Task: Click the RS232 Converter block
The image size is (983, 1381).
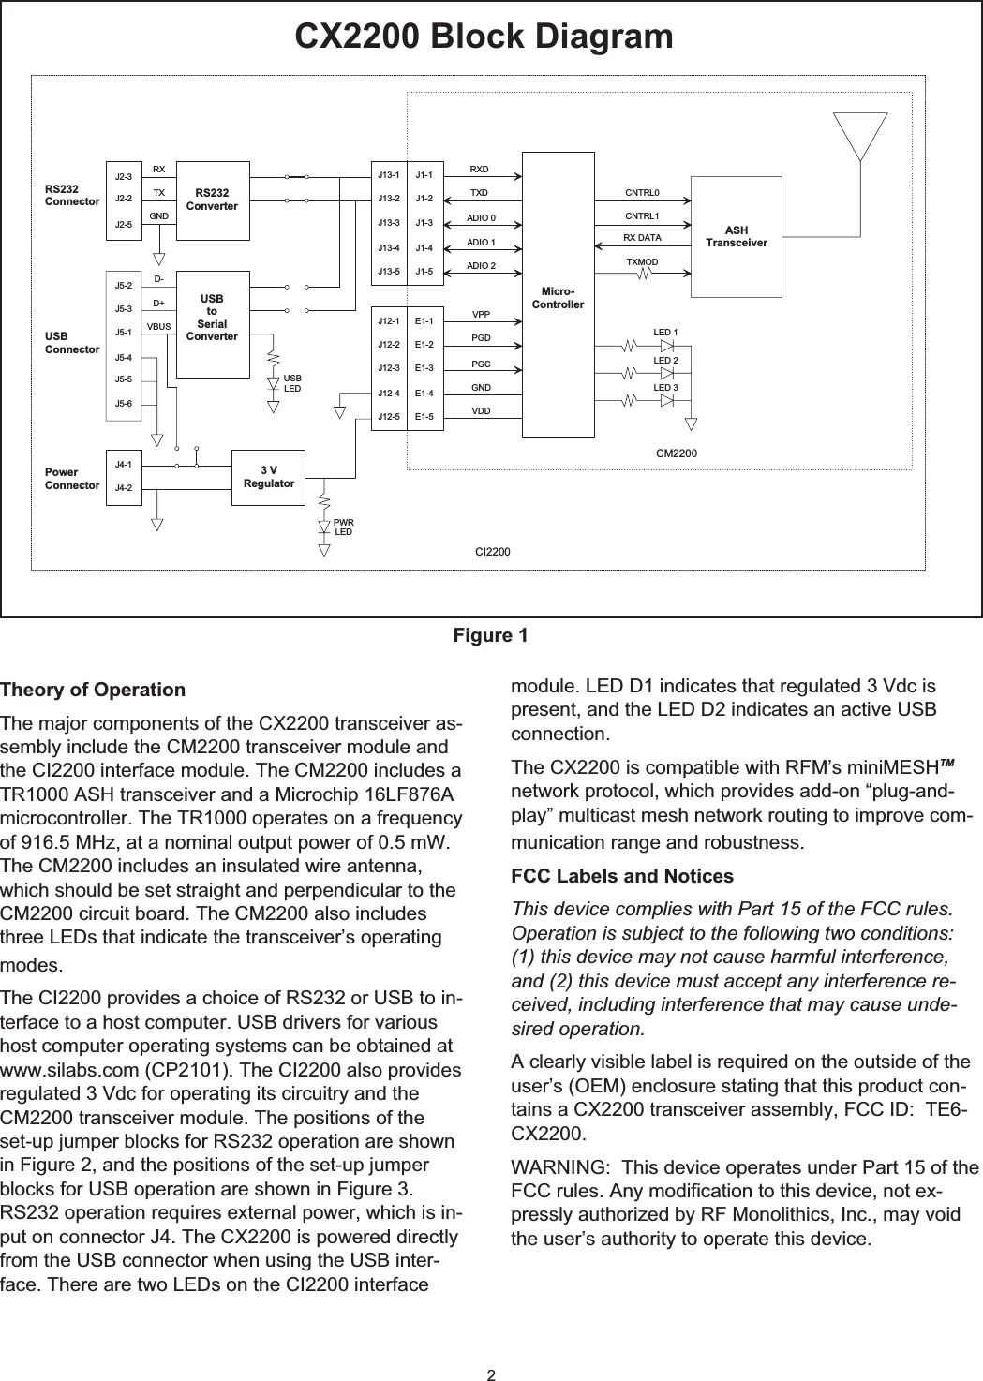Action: click(212, 200)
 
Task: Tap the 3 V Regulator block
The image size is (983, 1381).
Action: click(269, 477)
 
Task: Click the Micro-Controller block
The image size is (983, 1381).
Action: click(558, 298)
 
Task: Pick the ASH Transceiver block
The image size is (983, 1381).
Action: click(736, 237)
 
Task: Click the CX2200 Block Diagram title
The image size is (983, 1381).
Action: click(484, 37)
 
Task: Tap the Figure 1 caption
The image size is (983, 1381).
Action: click(490, 636)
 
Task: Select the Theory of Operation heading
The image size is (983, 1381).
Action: click(93, 690)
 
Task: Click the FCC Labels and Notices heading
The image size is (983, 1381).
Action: click(622, 877)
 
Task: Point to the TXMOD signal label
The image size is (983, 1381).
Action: click(642, 261)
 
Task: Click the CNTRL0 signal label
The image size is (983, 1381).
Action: click(642, 193)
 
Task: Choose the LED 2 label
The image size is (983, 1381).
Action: click(665, 360)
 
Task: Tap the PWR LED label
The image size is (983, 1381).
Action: click(344, 526)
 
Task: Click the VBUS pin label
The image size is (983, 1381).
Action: click(158, 327)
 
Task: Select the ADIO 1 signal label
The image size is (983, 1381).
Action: click(481, 243)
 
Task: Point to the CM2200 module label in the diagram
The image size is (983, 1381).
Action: click(676, 453)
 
